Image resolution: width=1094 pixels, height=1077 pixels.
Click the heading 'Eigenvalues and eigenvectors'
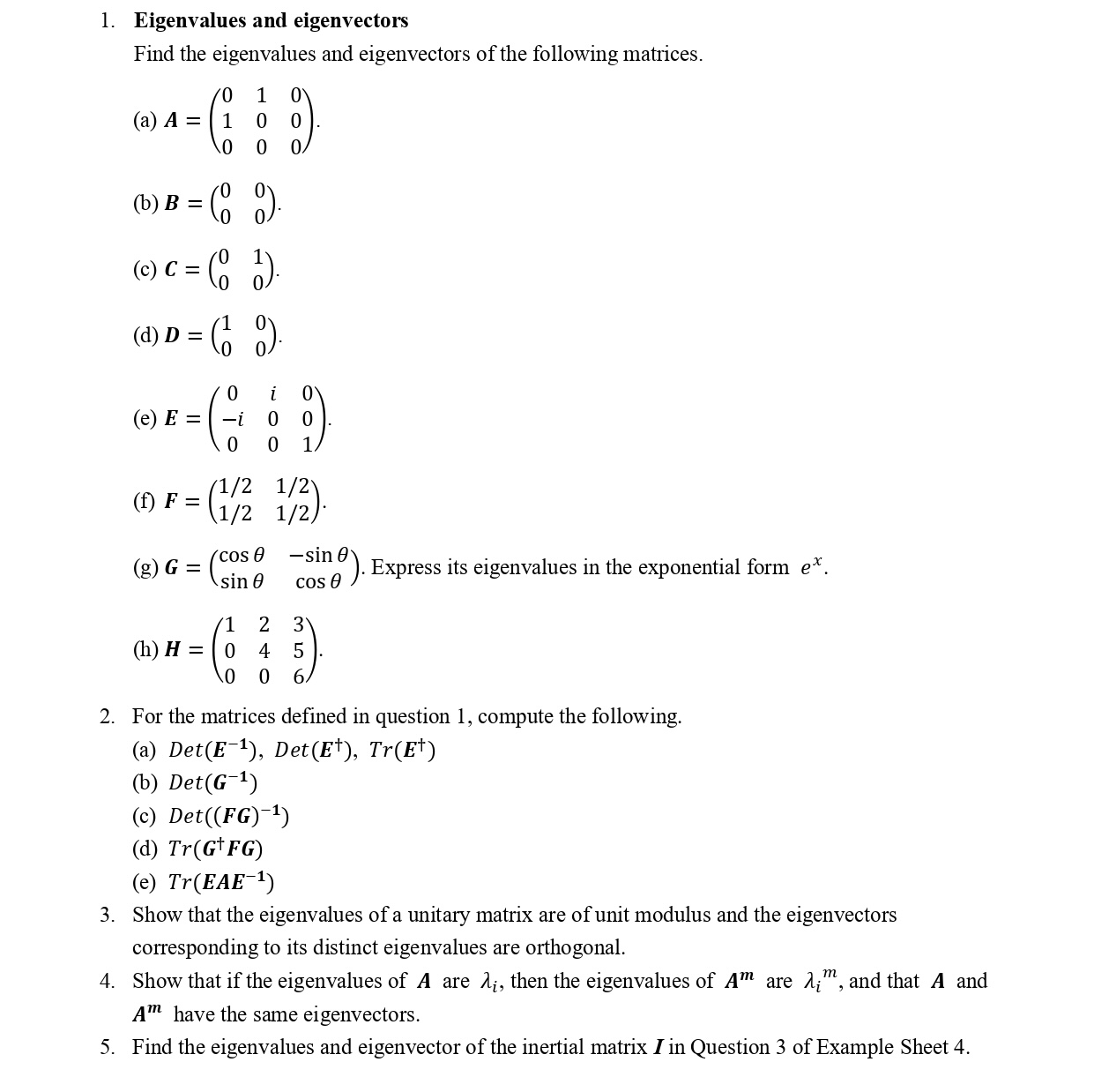point(271,20)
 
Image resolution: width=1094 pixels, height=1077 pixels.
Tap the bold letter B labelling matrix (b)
point(172,203)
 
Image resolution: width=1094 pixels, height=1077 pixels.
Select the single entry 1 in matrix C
point(257,257)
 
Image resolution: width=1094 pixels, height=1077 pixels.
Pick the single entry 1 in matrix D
point(227,323)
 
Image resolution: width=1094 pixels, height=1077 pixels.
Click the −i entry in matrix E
point(233,418)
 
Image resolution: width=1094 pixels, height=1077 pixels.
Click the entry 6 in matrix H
point(298,677)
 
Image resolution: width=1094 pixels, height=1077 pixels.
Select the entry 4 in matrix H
point(264,651)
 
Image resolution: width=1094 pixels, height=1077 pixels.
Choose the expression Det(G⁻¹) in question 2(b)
point(212,782)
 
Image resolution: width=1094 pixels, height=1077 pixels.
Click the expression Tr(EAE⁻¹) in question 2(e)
point(220,882)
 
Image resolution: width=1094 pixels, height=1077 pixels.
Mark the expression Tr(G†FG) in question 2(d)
point(215,849)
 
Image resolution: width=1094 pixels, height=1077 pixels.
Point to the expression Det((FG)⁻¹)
point(228,816)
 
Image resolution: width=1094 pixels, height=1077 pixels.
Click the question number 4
point(107,981)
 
